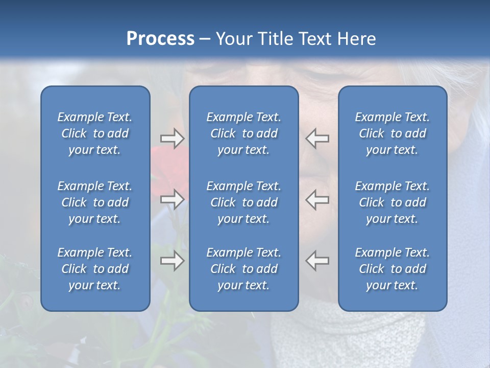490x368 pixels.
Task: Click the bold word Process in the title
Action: tap(160, 39)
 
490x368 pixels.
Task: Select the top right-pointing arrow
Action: tap(172, 139)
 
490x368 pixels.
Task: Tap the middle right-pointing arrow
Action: tap(172, 199)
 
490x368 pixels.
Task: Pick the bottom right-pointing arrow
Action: tap(172, 261)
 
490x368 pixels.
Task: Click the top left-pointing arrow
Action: tap(317, 139)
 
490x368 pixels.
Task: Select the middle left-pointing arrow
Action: tap(317, 199)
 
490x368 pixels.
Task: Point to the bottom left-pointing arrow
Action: tap(317, 261)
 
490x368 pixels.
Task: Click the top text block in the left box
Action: tap(95, 133)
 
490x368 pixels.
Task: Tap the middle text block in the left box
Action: tap(95, 202)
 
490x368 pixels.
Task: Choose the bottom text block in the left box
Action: tap(95, 269)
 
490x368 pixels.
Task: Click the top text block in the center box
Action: tap(243, 133)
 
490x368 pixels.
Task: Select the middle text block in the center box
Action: tap(243, 202)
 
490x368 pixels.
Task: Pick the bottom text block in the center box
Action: tap(243, 269)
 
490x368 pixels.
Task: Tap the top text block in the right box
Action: tap(392, 133)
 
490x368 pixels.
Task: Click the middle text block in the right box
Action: tap(392, 202)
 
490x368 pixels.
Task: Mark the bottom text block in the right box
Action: tap(392, 269)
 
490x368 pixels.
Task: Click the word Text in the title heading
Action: tap(315, 39)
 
